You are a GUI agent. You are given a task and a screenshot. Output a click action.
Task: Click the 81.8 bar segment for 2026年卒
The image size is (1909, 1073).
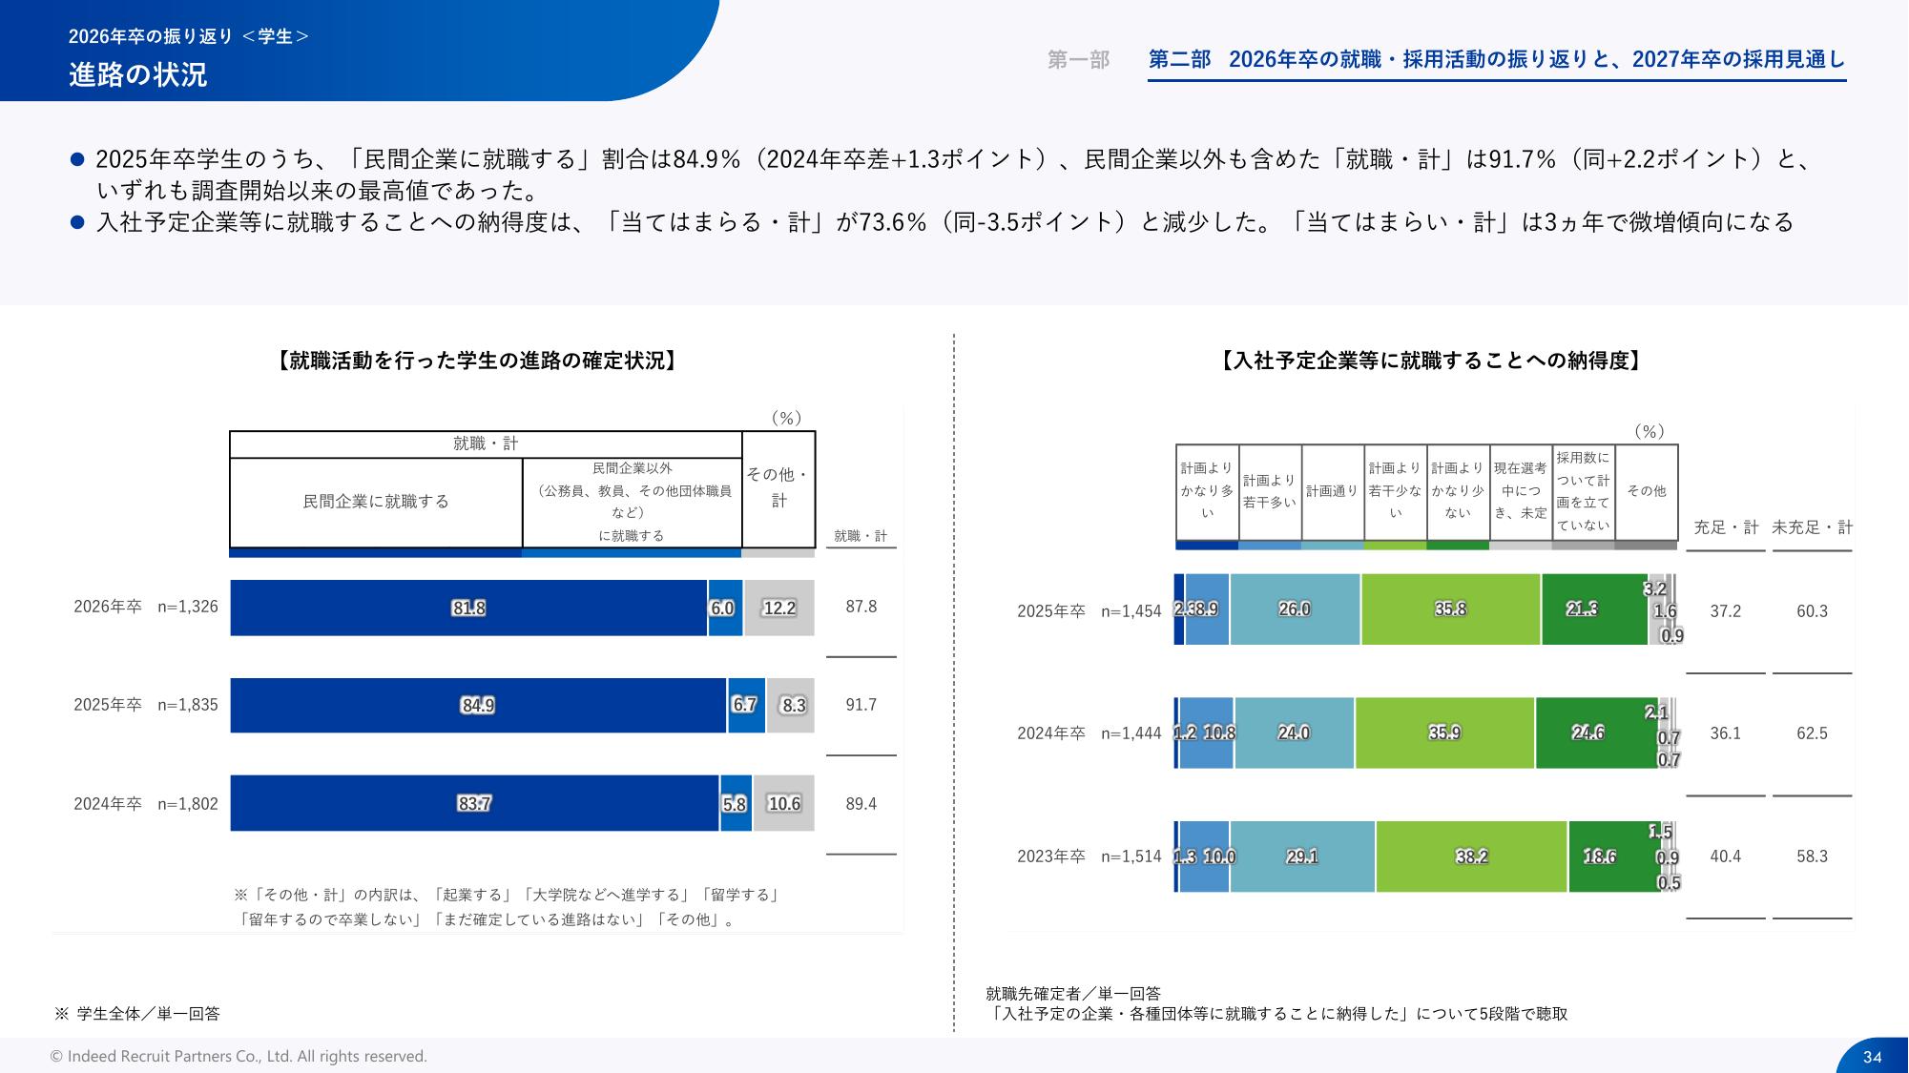(468, 608)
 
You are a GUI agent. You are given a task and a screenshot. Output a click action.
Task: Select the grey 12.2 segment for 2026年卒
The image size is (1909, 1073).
(778, 608)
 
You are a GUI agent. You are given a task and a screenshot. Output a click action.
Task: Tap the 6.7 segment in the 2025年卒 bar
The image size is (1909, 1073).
(745, 705)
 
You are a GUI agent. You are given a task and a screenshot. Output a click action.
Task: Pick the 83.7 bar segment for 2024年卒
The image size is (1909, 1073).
(474, 803)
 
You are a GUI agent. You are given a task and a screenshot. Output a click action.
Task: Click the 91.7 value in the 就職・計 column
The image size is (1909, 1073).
(861, 705)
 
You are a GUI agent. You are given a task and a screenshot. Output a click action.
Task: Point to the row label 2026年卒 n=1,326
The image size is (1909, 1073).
(146, 607)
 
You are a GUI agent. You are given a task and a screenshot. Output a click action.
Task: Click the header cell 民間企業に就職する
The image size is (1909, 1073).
(376, 502)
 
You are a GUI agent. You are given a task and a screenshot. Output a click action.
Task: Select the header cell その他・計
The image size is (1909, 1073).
(778, 487)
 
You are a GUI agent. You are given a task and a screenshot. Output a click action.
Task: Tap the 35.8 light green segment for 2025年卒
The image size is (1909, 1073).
(1450, 609)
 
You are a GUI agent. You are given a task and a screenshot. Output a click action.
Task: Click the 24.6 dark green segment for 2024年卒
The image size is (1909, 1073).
(1587, 733)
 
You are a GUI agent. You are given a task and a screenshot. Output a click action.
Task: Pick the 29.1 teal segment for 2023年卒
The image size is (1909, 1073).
(1302, 856)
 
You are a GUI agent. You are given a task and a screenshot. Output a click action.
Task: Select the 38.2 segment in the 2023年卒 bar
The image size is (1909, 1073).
(1471, 856)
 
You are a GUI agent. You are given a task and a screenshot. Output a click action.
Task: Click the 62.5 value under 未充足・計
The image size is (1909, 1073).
(1812, 733)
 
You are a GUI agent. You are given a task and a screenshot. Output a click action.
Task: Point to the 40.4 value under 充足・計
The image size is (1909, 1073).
(1725, 856)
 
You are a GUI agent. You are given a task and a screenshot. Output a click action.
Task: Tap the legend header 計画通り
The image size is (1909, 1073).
(1332, 491)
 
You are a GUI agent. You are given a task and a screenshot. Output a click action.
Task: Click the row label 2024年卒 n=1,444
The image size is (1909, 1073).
(1089, 733)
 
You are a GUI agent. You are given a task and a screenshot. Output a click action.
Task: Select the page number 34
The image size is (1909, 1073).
(1872, 1057)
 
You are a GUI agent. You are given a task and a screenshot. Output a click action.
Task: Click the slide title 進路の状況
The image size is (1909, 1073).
(138, 74)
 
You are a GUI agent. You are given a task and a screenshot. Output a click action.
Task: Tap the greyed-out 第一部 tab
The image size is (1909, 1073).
(1078, 60)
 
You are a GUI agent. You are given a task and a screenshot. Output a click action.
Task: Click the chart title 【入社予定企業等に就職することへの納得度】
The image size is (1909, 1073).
(1431, 361)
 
